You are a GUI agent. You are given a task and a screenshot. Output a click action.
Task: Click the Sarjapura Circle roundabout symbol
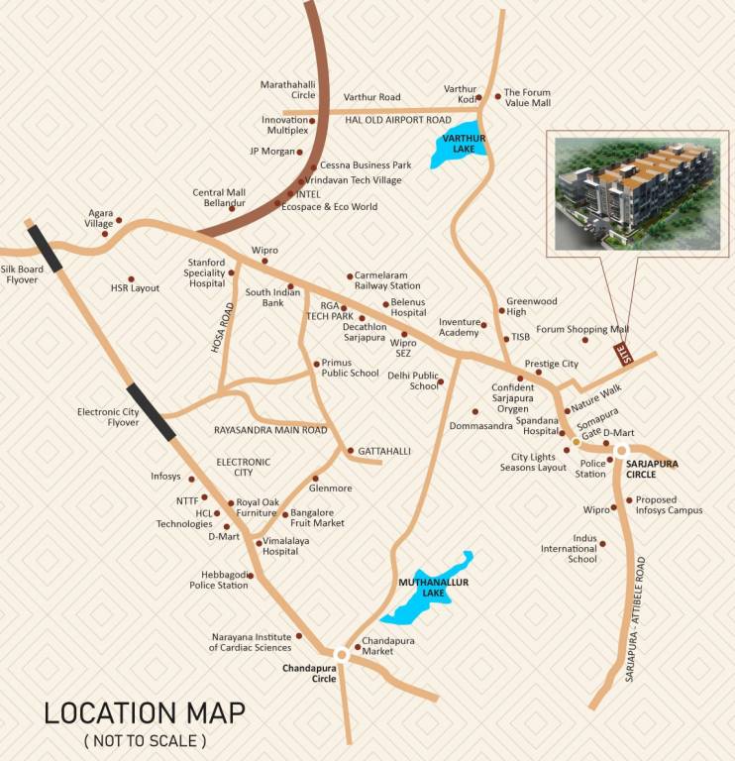click(621, 451)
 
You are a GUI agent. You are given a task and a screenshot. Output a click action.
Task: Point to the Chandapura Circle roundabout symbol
click(342, 654)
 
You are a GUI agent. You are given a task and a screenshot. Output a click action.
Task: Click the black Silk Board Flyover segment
click(46, 248)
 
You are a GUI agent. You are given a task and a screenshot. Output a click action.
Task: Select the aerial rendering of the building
click(637, 194)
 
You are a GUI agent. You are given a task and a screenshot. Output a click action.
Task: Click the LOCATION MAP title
click(145, 712)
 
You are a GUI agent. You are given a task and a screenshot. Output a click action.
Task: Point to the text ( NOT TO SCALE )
click(145, 740)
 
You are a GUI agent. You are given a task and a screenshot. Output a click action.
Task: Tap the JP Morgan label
click(272, 152)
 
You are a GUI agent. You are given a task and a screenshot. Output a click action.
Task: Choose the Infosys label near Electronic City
click(165, 477)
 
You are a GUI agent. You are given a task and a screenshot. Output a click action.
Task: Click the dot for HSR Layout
click(131, 279)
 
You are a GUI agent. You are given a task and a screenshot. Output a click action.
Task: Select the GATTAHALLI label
click(383, 451)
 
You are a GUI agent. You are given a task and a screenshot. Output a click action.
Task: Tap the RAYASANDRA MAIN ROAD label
click(270, 430)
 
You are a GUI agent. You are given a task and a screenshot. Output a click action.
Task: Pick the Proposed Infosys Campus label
click(669, 505)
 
